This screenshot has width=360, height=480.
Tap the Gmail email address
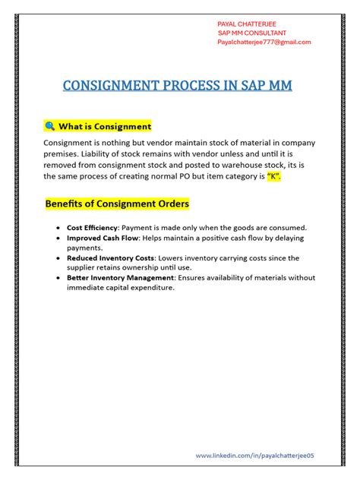coord(264,43)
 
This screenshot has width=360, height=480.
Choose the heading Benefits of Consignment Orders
coord(117,204)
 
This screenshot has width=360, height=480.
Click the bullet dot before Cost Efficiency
coord(58,228)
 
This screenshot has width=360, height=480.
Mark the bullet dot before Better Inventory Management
coord(58,278)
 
